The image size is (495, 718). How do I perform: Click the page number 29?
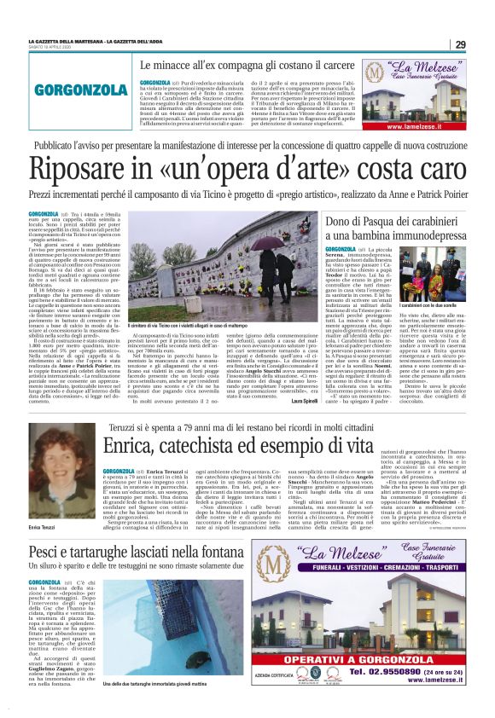pos(459,44)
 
